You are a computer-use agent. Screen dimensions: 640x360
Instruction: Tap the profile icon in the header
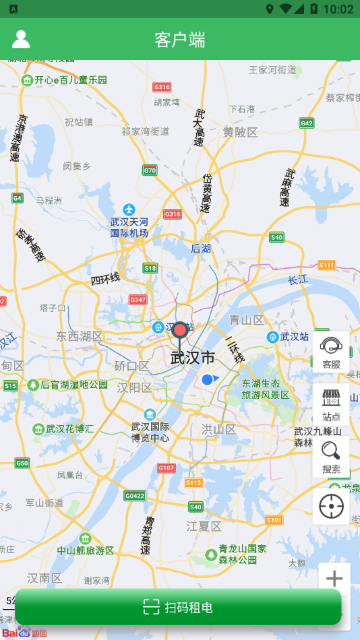pos(21,39)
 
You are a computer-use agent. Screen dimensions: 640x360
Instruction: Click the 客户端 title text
pos(180,40)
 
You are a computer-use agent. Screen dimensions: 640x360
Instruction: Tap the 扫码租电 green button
pos(179,607)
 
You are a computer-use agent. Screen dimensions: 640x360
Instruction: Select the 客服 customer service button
pos(331,352)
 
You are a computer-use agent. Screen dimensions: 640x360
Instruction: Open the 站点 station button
pos(331,405)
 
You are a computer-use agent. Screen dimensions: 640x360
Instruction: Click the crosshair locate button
pos(331,507)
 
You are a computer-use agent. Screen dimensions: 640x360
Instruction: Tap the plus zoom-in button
pos(334,578)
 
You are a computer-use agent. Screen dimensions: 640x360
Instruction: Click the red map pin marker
pos(180,331)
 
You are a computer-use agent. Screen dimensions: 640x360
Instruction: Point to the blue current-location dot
pos(208,380)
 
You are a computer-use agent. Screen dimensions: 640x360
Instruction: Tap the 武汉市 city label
pos(193,357)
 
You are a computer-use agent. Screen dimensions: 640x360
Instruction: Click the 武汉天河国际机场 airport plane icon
pos(129,210)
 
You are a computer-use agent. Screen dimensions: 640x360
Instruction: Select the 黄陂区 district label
pos(241,132)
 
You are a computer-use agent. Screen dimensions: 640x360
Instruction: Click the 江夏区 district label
pos(204,525)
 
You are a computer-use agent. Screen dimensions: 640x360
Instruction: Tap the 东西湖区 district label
pos(80,336)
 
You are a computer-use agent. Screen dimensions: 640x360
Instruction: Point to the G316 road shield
pos(162,87)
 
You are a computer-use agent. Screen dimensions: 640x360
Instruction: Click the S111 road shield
pos(327,265)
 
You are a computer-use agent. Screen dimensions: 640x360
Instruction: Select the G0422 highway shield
pos(135,496)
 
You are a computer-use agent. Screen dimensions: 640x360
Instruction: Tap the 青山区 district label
pos(245,319)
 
